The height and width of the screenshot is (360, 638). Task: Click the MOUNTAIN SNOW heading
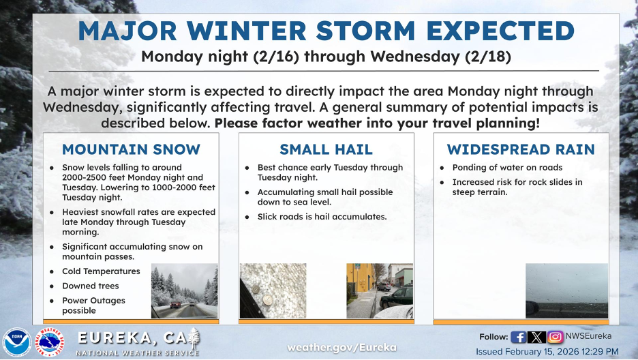click(131, 149)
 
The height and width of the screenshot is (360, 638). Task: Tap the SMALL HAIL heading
click(326, 149)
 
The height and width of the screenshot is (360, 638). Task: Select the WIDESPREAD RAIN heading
click(521, 149)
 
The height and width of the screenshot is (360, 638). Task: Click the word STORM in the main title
click(365, 31)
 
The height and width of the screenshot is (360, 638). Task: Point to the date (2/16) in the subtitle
click(275, 57)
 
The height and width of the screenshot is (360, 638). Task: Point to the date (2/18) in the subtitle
click(488, 57)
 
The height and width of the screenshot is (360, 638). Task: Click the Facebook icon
click(518, 337)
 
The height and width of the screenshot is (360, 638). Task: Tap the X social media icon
click(536, 337)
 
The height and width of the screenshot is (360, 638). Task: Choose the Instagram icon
click(555, 337)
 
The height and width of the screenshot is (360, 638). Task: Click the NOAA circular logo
click(16, 342)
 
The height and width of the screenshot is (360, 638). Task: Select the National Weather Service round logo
click(50, 342)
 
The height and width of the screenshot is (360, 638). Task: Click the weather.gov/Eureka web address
click(341, 348)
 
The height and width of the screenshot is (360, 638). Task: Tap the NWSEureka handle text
click(588, 336)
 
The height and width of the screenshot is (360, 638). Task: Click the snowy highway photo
click(185, 290)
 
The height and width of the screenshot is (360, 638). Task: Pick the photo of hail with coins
click(273, 290)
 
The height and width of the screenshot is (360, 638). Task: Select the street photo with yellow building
click(380, 290)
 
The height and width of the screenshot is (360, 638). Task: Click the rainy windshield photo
click(567, 290)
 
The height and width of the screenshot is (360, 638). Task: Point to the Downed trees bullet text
click(91, 286)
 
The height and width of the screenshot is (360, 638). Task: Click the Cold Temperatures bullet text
click(101, 271)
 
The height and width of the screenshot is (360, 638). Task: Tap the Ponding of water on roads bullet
click(507, 168)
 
